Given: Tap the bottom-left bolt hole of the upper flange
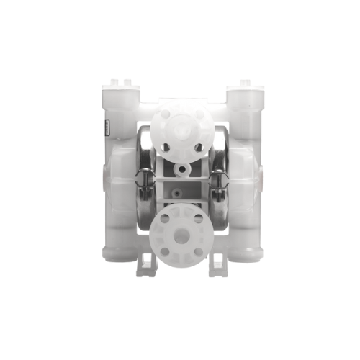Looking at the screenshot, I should click(x=166, y=147).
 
